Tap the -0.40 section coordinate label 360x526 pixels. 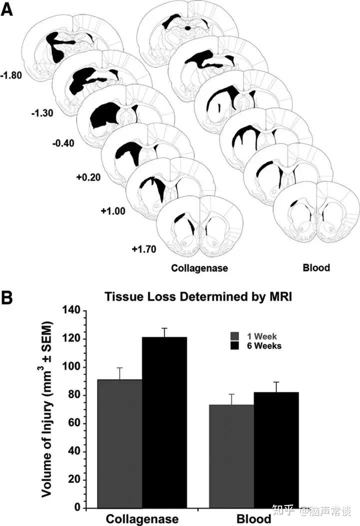[x=63, y=143]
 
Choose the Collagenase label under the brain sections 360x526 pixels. [x=199, y=268]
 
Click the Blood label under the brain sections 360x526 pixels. [x=316, y=268]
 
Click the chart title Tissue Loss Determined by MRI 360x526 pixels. [x=198, y=297]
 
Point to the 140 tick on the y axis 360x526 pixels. [x=72, y=311]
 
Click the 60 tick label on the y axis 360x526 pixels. [x=75, y=424]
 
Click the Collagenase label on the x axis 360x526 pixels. [x=142, y=519]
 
